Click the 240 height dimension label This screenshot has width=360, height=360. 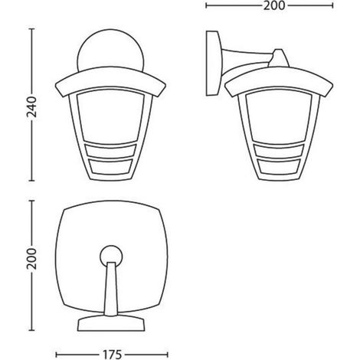[32, 107]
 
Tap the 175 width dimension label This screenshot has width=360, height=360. [113, 355]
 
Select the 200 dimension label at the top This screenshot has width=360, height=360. [274, 5]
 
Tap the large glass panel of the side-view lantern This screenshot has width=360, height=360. [279, 118]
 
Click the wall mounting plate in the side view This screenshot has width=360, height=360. [214, 64]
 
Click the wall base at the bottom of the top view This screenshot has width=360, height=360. [111, 323]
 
